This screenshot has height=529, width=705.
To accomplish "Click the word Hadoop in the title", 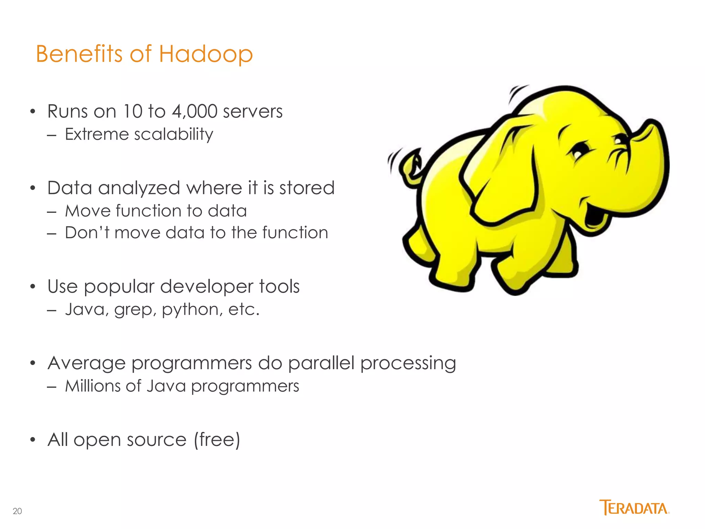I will tap(206, 54).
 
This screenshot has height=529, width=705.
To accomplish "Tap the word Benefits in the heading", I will tap(79, 54).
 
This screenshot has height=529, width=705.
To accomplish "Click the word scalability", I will tap(173, 134).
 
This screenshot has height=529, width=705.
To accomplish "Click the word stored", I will tap(306, 188).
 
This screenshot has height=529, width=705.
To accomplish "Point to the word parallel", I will tap(321, 363).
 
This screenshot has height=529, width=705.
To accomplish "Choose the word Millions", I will tap(93, 386).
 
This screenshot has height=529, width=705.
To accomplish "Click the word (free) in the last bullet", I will tap(217, 440).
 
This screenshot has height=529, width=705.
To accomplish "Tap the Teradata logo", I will tap(634, 507).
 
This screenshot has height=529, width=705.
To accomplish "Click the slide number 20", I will tap(17, 511).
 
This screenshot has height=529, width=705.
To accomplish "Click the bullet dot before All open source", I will tap(33, 440).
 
